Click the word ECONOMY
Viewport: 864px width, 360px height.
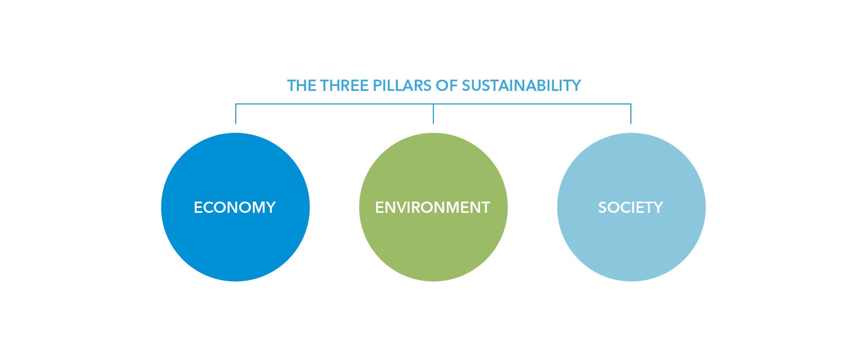pos(234,207)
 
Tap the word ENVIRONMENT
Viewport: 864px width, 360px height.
pos(432,207)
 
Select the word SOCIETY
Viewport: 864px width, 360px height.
pos(630,207)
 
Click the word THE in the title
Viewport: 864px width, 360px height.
pos(301,85)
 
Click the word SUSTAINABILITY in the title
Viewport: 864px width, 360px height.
pos(522,85)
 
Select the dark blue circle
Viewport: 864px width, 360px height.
pos(235,207)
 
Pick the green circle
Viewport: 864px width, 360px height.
pos(433,207)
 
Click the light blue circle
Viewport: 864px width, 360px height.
pos(631,207)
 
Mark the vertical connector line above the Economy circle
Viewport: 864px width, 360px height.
pos(236,114)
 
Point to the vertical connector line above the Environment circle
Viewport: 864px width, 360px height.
pos(433,114)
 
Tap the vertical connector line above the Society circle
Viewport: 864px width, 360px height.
pos(631,114)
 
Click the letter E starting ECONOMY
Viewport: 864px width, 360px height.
pos(198,207)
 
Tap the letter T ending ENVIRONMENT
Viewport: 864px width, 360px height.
pos(485,207)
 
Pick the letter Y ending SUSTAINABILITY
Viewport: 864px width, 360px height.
pos(576,85)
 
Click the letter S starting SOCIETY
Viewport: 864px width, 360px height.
pos(603,207)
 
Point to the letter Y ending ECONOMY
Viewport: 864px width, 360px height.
pos(270,207)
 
